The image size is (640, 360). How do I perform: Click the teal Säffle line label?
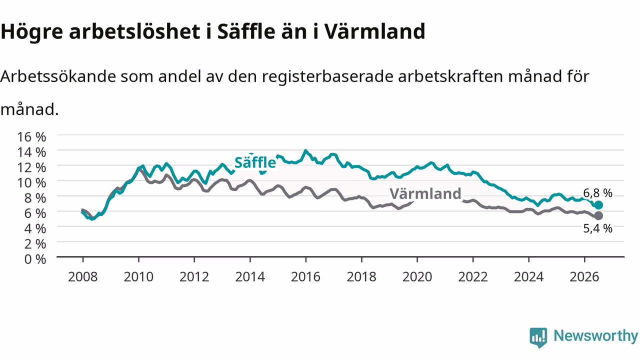click(255, 162)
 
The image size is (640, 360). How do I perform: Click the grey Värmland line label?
click(425, 193)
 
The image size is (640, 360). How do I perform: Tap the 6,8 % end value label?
click(597, 193)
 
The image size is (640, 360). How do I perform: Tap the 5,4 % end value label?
click(597, 228)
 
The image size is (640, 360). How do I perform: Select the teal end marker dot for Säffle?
click(598, 205)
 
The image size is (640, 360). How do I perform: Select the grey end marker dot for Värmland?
click(598, 215)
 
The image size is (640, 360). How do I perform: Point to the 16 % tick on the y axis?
click(31, 137)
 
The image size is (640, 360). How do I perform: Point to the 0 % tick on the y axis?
click(35, 259)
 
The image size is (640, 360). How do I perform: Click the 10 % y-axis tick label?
click(31, 182)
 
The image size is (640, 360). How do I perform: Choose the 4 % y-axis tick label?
click(35, 228)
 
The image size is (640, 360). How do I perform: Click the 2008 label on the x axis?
click(83, 276)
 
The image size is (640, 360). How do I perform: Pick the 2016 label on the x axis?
click(305, 276)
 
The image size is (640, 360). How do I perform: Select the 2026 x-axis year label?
click(584, 276)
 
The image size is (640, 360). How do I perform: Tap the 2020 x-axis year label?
click(417, 276)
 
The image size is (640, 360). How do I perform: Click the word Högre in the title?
click(31, 32)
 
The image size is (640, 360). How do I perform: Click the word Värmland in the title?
click(374, 31)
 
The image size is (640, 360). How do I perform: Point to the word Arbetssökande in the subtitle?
click(58, 76)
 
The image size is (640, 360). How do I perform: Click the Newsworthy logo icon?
click(538, 337)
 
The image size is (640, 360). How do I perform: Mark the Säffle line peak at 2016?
click(305, 150)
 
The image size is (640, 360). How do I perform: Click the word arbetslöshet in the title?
click(134, 31)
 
